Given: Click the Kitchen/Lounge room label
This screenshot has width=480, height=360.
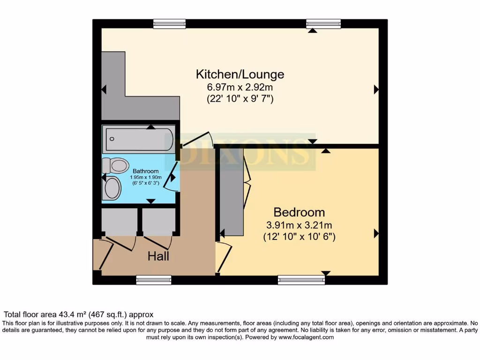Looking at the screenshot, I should (x=240, y=74).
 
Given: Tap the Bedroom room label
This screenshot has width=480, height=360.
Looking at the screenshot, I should (x=299, y=212).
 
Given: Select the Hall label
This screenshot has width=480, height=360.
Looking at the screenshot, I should (x=158, y=256).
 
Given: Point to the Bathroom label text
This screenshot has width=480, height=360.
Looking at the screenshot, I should (x=145, y=171).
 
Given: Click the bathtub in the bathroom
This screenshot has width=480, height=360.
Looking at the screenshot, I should (x=139, y=139).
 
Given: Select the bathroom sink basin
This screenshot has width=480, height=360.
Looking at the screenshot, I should (x=113, y=188).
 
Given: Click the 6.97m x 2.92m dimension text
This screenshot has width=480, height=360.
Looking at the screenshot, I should (x=240, y=87).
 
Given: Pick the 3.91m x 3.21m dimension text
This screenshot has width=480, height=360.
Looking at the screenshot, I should (x=299, y=225).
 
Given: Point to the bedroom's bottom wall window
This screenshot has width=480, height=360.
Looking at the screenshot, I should (x=301, y=280).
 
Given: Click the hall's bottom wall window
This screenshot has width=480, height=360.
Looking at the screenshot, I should (x=154, y=280).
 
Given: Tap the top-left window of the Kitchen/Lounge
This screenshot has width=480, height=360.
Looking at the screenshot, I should (x=169, y=23).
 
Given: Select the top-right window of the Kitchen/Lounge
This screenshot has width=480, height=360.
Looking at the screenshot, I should (x=323, y=23).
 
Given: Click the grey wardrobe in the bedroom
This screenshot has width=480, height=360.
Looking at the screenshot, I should (x=232, y=192).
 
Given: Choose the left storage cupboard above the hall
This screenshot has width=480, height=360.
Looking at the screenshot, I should (x=119, y=221).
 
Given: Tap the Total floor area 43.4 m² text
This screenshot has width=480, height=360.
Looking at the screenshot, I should (x=79, y=315).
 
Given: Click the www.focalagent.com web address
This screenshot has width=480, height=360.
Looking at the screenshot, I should (x=306, y=337).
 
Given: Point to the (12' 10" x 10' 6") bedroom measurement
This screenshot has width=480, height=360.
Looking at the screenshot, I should (x=299, y=237).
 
